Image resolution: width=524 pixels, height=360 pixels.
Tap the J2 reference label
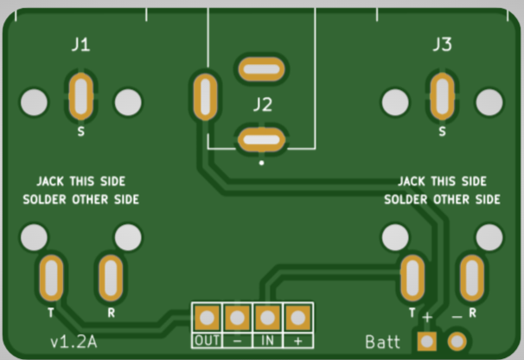[x=262, y=106]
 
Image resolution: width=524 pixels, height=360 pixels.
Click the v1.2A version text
[x=73, y=342]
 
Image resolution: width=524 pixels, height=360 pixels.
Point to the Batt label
[x=382, y=343]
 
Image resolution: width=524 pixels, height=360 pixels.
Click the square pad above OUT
[x=207, y=318]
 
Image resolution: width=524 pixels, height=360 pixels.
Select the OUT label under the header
[x=207, y=340]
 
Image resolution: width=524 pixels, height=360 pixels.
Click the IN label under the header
[x=268, y=340]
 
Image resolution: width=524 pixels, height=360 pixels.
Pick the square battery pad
[x=426, y=341]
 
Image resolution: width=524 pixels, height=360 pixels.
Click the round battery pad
[x=456, y=341]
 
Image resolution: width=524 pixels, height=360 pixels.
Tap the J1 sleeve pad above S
[x=80, y=96]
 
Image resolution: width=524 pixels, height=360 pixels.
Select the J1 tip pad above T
[x=51, y=278]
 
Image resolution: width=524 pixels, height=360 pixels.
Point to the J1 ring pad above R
[x=111, y=278]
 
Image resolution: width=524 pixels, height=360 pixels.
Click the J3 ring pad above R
[x=471, y=278]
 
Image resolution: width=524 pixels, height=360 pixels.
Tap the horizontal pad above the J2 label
[x=261, y=67]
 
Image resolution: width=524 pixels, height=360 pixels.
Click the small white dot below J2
[x=261, y=162]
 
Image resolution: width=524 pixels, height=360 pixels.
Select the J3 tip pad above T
[x=412, y=278]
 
